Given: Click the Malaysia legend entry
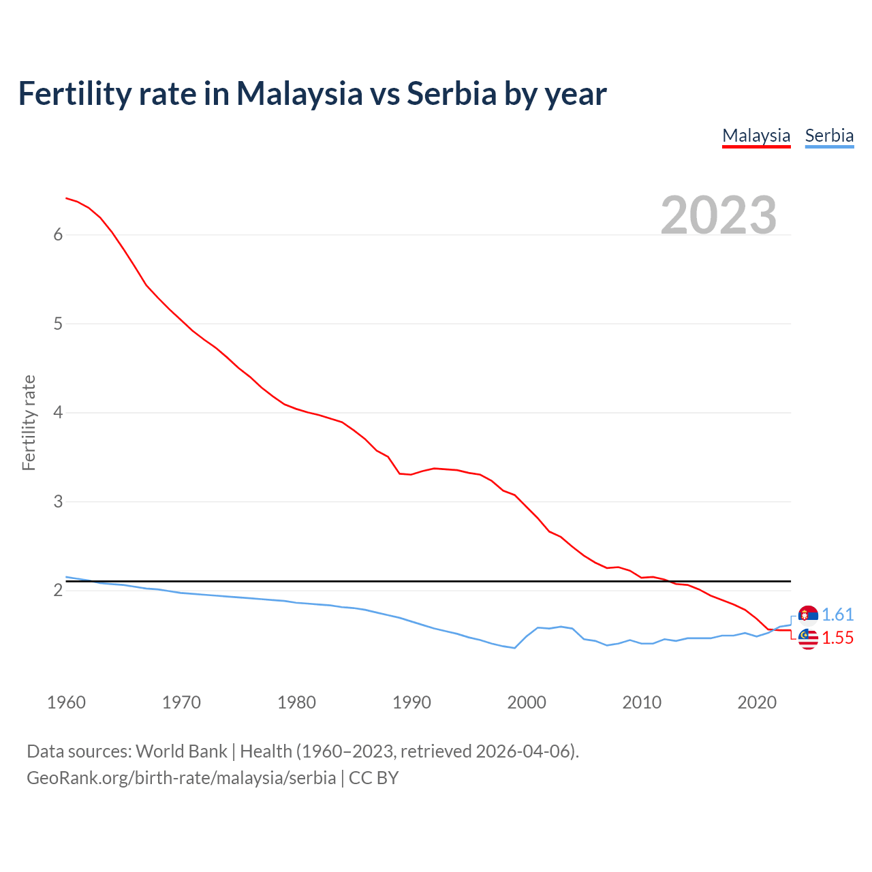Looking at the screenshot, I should point(756,136).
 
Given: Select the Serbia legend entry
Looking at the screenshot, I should point(829,136).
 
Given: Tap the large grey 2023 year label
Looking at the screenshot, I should point(719,215).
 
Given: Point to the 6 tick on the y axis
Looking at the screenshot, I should point(58,235).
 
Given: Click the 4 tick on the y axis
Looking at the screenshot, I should point(58,413).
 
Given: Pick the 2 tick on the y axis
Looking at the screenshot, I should point(58,591).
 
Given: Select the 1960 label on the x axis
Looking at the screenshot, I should point(66,702).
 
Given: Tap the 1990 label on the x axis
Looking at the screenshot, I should point(411,702).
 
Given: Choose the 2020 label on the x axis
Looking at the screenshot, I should point(757,702).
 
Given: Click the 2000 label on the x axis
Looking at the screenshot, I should point(527,702).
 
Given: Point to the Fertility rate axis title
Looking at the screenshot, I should point(29,422).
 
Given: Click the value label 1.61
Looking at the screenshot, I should point(837,615).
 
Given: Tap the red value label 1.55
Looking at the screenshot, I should point(837,638).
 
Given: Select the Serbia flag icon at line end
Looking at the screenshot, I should point(808,615).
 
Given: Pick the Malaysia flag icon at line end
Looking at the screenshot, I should point(808,638).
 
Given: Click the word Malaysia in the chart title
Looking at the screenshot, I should point(299,94).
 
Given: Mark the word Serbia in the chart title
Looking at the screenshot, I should point(452,94).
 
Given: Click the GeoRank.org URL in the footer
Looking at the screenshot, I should point(181,778).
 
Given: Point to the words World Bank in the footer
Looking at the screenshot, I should point(181,751).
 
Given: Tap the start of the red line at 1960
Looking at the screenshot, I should point(67,198).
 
